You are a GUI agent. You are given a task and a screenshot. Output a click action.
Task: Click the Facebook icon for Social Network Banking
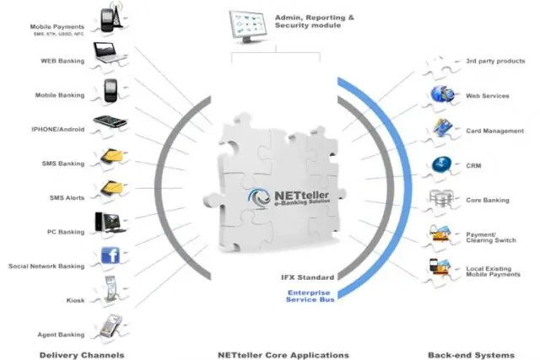click(111, 255)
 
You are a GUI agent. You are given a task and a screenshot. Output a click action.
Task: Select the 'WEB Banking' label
click(61, 61)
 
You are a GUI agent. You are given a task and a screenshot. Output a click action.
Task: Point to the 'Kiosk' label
click(75, 299)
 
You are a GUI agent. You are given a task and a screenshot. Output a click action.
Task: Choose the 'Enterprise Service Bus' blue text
click(308, 295)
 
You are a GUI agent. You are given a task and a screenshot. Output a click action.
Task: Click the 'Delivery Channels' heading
click(82, 355)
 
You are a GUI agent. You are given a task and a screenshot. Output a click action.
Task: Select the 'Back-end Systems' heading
click(458, 355)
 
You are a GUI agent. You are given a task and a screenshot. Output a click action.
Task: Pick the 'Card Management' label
click(494, 131)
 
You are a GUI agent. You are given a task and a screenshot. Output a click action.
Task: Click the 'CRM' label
click(474, 166)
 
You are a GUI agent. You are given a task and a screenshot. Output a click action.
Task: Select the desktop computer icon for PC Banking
click(110, 223)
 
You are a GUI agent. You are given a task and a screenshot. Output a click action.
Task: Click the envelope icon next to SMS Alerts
click(111, 190)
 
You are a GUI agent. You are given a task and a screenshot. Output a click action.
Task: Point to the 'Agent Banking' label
click(61, 335)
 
